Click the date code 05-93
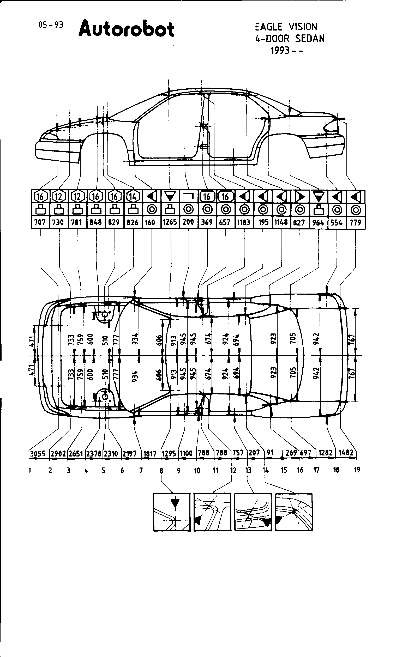pyautogui.click(x=51, y=25)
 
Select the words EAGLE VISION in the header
pyautogui.click(x=286, y=27)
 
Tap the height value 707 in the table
pyautogui.click(x=40, y=222)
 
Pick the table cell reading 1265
pyautogui.click(x=170, y=222)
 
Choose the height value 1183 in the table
pyautogui.click(x=244, y=222)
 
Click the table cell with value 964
pyautogui.click(x=318, y=222)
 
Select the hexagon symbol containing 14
pyautogui.click(x=133, y=197)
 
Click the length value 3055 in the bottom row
pyautogui.click(x=38, y=454)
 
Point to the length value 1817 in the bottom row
pyautogui.click(x=150, y=454)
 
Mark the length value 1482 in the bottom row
pyautogui.click(x=346, y=453)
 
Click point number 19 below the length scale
pyautogui.click(x=357, y=470)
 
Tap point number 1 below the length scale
pyautogui.click(x=30, y=470)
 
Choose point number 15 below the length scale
pyautogui.click(x=284, y=470)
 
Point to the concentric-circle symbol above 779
pyautogui.click(x=356, y=210)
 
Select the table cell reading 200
pyautogui.click(x=188, y=222)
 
